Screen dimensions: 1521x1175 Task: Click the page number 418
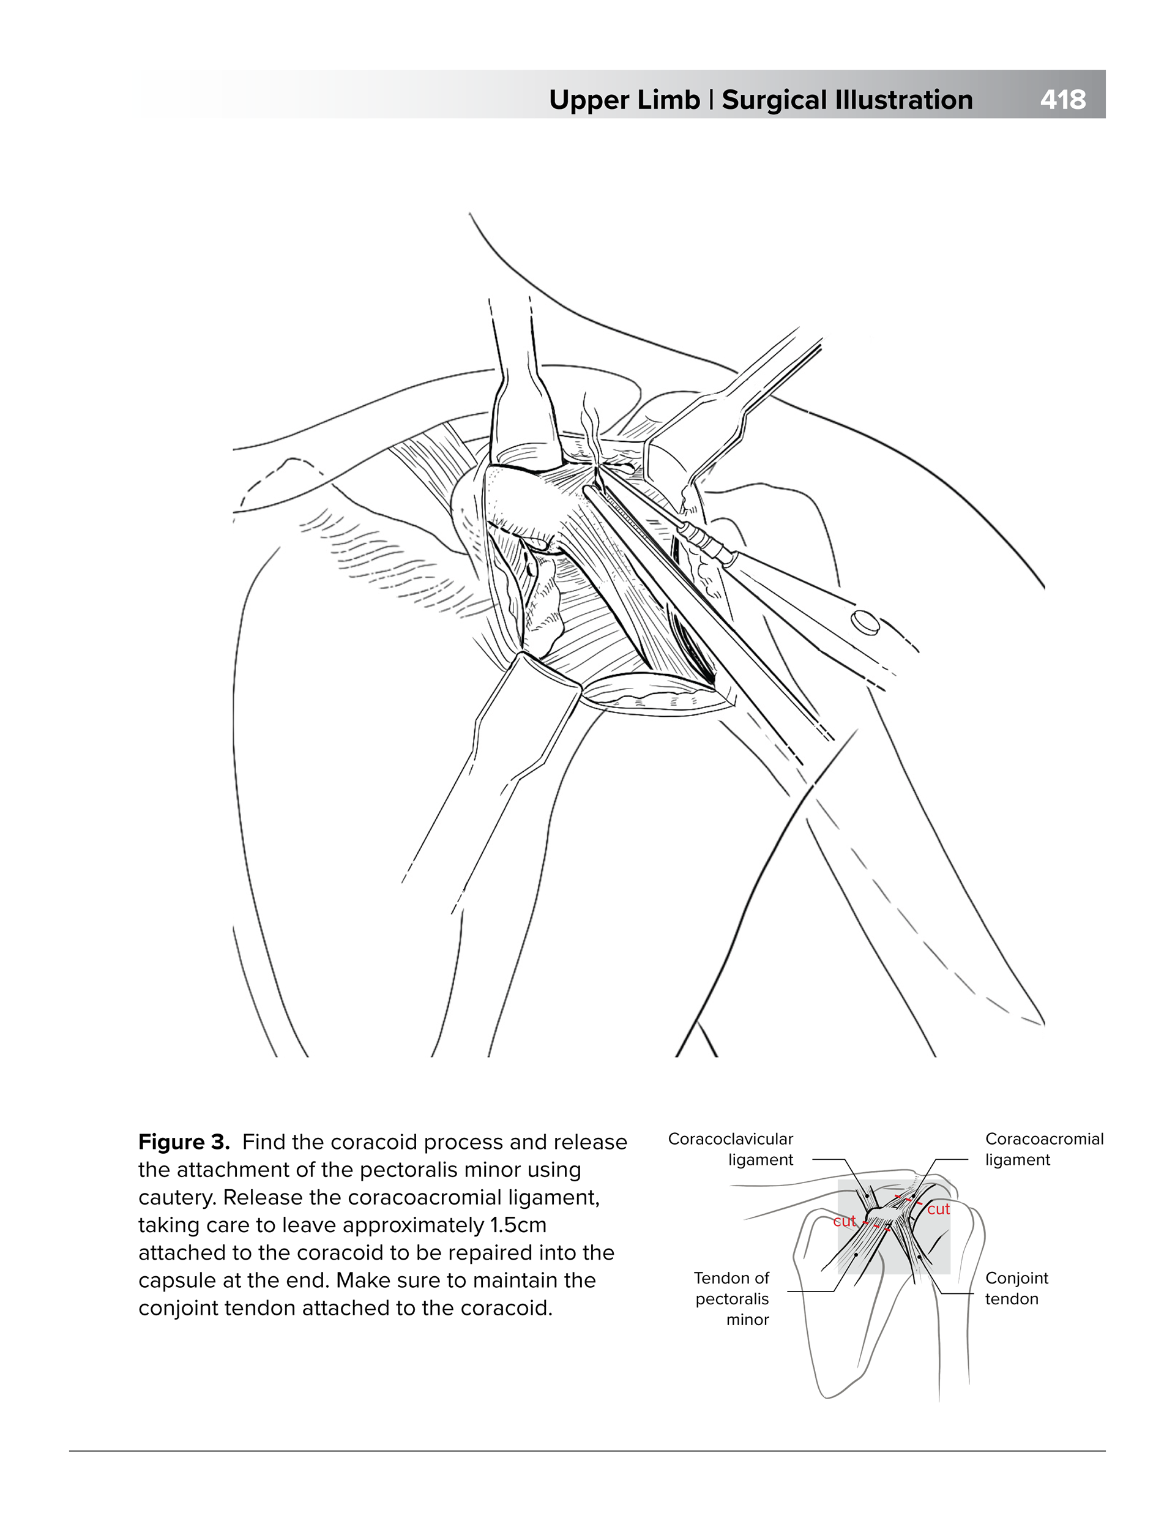coord(1062,100)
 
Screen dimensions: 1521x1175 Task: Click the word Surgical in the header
coord(774,100)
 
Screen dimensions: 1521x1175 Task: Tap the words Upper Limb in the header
coord(624,100)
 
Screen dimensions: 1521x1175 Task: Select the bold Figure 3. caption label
coord(184,1142)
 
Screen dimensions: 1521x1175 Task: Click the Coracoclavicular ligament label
coord(731,1149)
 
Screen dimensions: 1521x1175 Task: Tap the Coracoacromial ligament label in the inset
coord(1043,1149)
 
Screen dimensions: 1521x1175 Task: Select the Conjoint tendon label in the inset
coord(1016,1288)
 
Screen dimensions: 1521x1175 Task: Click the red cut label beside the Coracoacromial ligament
coord(938,1209)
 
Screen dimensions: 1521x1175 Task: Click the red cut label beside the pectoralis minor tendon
coord(844,1221)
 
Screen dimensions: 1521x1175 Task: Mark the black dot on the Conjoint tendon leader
coord(919,1258)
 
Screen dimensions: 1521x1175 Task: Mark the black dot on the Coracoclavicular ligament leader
coord(867,1197)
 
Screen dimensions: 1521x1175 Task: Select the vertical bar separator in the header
coord(711,100)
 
